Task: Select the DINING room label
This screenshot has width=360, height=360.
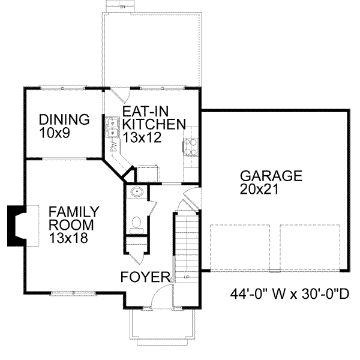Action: click(64, 119)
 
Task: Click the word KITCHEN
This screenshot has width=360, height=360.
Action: click(152, 125)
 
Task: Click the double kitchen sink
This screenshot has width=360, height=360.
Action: click(112, 128)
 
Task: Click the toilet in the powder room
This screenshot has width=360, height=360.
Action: click(136, 224)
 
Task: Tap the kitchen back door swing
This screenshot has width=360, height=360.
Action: click(120, 94)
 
